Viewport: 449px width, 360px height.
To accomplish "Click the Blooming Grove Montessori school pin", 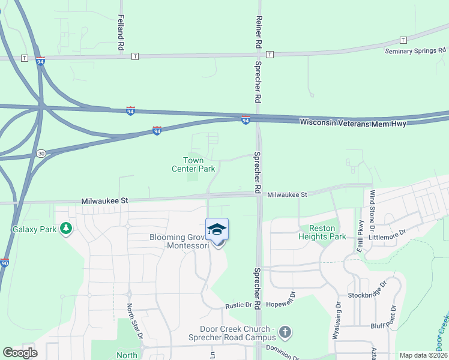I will (217, 230).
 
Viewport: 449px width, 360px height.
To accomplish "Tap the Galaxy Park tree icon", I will (66, 229).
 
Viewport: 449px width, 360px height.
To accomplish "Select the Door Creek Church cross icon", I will (285, 331).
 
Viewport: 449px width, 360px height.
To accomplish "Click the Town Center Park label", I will (193, 164).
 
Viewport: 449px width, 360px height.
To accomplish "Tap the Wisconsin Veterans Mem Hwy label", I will (353, 123).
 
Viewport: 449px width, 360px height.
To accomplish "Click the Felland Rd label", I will (121, 32).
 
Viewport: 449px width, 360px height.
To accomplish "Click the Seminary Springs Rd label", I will (416, 50).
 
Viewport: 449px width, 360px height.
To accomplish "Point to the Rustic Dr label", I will (238, 305).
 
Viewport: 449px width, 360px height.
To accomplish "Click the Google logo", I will (20, 353).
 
